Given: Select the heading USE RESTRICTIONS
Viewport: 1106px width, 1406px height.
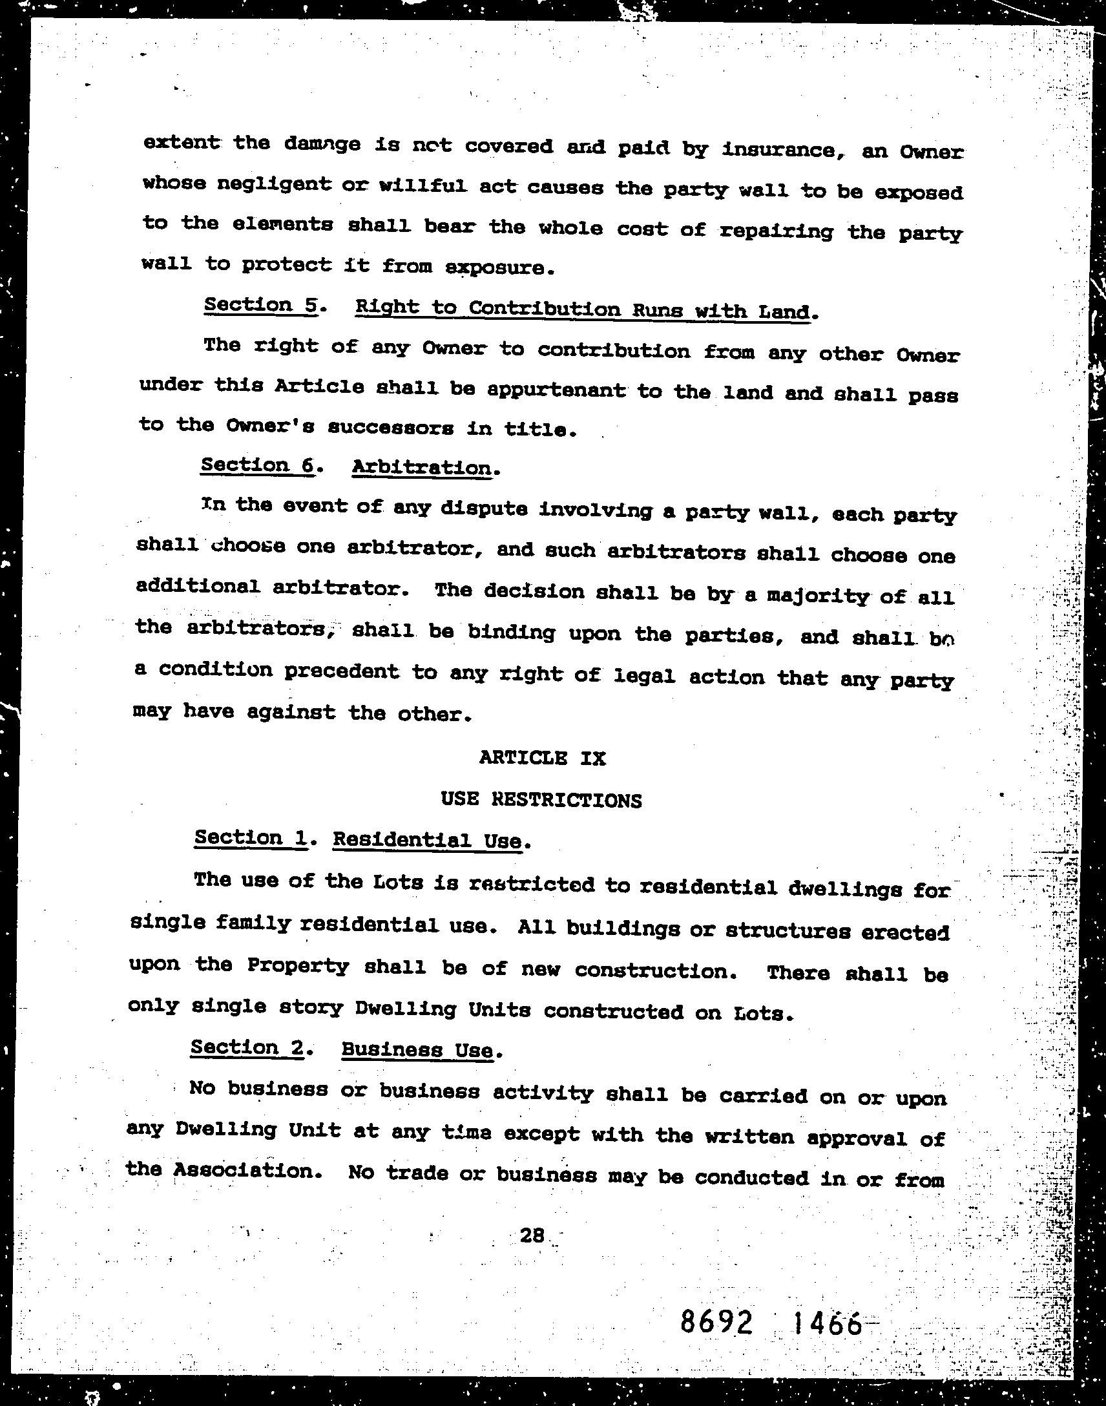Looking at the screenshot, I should click(541, 800).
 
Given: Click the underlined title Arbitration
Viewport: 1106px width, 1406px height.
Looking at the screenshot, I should click(422, 467).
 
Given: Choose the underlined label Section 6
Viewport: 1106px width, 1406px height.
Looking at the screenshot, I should click(257, 465).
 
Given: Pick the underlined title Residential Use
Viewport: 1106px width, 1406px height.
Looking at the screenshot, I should click(427, 841).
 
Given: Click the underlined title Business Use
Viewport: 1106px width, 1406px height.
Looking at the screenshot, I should click(417, 1049).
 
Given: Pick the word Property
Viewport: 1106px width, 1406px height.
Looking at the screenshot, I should click(298, 965).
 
